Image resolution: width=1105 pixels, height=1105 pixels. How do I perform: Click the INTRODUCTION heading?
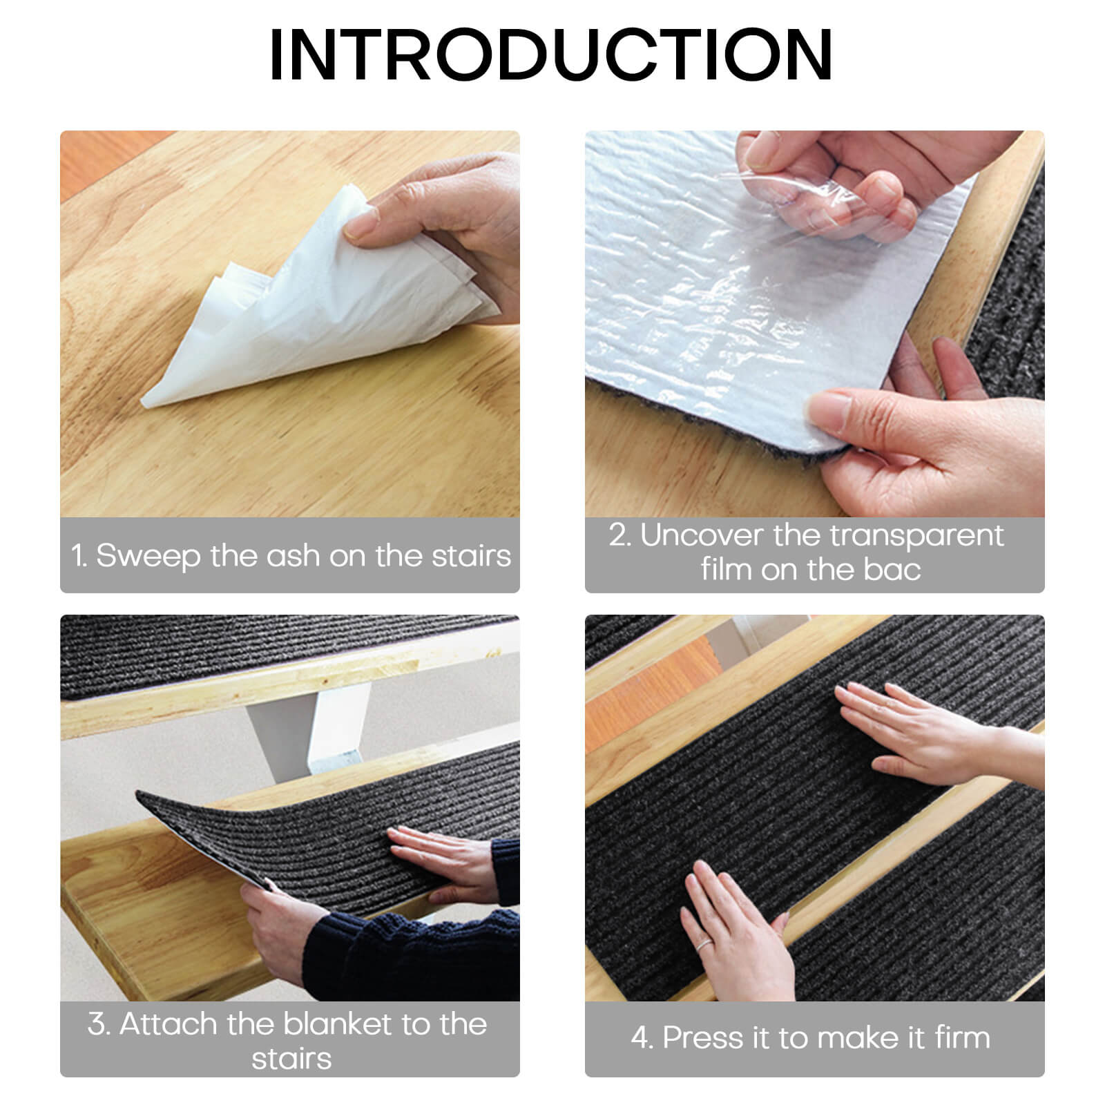point(551,55)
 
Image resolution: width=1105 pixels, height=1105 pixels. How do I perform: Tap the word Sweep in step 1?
point(148,557)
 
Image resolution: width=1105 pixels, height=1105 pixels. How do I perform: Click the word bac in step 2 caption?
point(891,570)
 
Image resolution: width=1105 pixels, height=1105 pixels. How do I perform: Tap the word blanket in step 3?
point(337,1024)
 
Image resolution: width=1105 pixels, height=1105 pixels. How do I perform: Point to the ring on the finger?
point(703,945)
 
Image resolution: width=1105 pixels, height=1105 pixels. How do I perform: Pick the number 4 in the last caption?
point(641,1038)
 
